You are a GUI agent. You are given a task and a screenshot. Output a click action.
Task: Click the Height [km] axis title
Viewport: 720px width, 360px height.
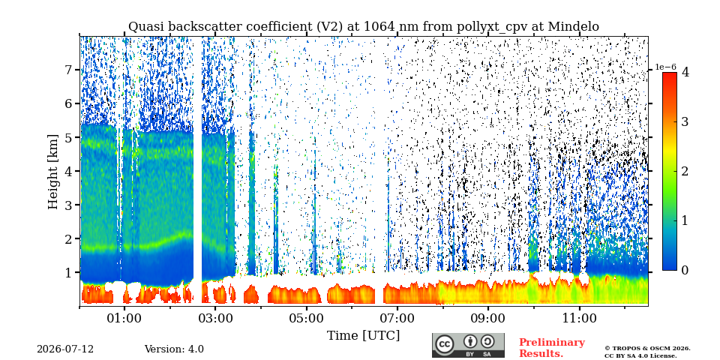pos(54,172)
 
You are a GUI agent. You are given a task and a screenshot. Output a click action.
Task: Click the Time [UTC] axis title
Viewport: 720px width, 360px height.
pos(363,336)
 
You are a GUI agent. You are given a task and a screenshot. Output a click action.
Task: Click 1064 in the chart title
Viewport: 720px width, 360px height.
pos(379,27)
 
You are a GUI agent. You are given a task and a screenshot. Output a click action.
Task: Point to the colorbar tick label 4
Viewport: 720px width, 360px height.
pos(685,72)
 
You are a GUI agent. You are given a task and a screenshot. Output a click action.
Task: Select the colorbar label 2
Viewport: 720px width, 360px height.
pos(685,171)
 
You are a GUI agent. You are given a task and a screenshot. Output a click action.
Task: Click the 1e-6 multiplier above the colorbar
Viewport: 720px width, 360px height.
pos(665,67)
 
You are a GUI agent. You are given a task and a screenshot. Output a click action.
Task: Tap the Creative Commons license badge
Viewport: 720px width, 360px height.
pos(468,345)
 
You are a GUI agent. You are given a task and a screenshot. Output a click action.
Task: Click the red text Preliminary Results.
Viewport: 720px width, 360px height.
pos(552,348)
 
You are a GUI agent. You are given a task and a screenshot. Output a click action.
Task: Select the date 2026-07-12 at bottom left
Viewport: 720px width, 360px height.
pos(65,349)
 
